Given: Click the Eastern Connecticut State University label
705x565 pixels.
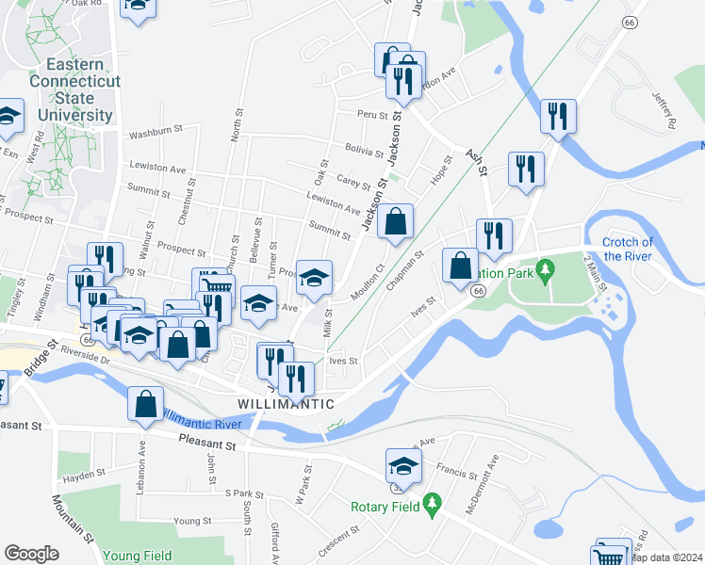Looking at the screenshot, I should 79,89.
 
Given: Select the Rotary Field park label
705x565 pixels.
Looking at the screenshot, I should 385,507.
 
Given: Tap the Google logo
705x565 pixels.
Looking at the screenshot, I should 31,553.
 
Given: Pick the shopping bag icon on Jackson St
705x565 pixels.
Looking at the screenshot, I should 396,222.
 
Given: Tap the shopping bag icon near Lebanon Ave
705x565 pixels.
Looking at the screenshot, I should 145,404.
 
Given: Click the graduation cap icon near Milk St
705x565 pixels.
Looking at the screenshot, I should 315,277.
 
